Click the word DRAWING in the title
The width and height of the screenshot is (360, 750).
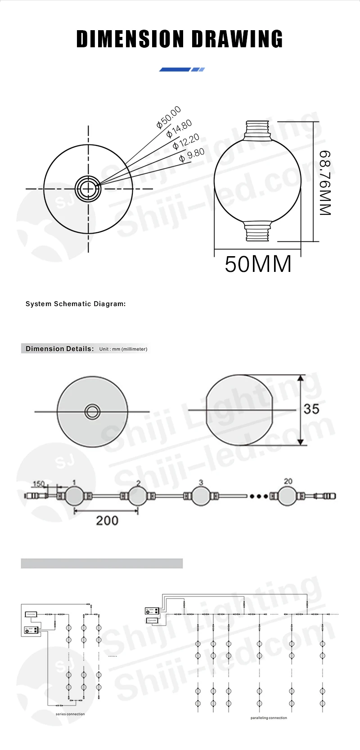tap(237, 39)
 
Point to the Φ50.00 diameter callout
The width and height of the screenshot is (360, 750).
tap(169, 117)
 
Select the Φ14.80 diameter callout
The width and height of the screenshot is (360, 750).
tap(179, 128)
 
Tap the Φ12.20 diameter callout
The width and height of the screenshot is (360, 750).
tap(186, 142)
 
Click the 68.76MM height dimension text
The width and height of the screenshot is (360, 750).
tap(325, 182)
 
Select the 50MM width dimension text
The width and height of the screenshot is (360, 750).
tap(258, 264)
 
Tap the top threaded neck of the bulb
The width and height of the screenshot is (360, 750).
tap(257, 130)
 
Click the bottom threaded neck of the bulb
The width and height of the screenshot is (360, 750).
tap(257, 232)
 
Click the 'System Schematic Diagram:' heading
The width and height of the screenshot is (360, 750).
tap(76, 304)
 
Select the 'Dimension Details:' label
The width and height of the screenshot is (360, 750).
tap(59, 348)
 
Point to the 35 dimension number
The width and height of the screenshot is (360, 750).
tap(311, 409)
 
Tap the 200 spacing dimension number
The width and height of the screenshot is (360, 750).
tap(107, 520)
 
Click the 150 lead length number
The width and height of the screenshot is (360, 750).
tap(39, 484)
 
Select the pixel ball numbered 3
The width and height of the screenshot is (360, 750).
tap(201, 496)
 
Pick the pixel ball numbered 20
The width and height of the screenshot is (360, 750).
tap(288, 496)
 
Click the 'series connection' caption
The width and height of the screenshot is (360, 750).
tap(70, 714)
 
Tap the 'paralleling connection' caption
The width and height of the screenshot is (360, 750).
tap(269, 718)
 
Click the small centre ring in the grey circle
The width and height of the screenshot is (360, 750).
tap(93, 411)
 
